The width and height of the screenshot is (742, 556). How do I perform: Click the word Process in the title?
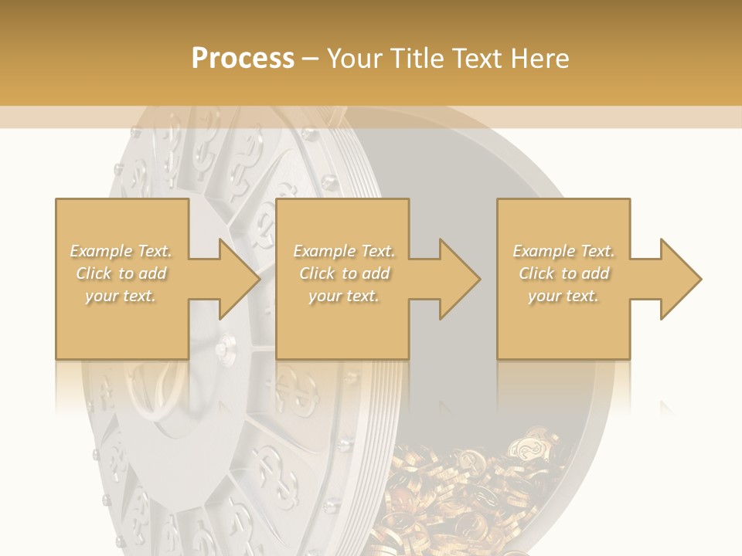point(243,59)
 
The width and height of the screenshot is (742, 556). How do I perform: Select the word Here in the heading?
point(539,59)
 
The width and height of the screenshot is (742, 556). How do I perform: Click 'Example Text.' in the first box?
point(121,251)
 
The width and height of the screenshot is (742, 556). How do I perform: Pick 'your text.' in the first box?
point(121,296)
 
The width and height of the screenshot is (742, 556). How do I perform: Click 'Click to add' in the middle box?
point(344,273)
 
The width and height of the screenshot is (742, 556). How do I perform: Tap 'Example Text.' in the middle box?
point(344,251)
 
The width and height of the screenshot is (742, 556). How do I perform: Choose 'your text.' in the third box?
point(563,296)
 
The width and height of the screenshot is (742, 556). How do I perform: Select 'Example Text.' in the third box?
point(563,251)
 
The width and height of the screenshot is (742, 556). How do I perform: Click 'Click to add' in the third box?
point(563,273)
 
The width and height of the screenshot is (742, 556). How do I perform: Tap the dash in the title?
point(310,59)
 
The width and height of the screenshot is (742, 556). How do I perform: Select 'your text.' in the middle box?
point(344,296)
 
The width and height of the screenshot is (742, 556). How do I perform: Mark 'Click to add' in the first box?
point(121,273)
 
